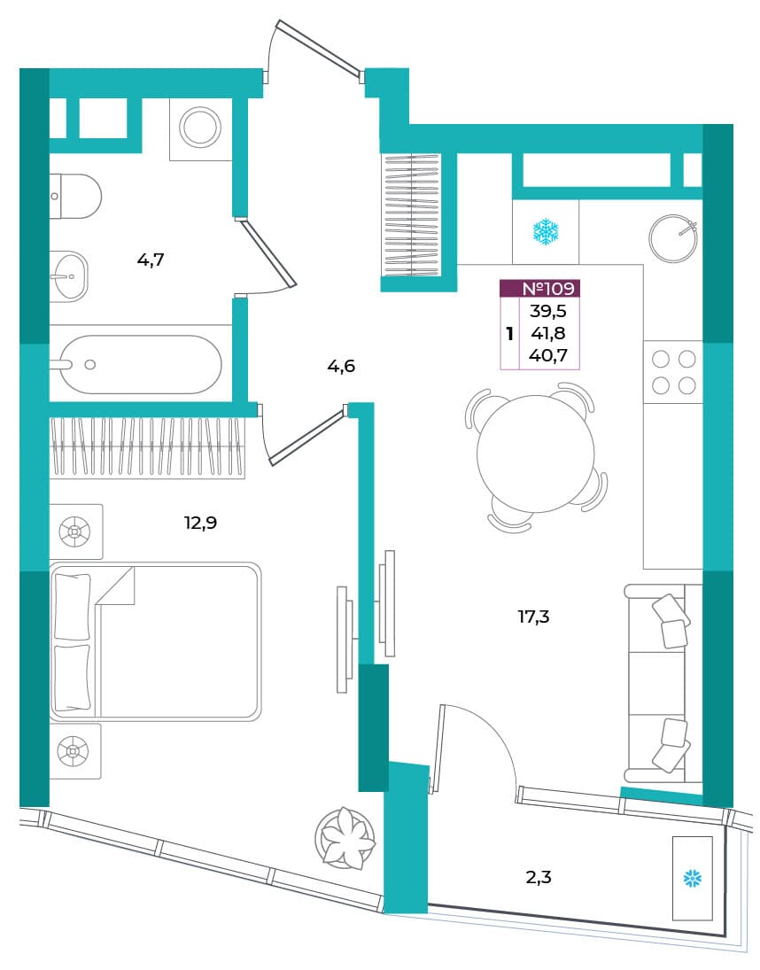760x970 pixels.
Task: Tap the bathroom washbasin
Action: click(x=68, y=276)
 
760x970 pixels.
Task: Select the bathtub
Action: click(x=141, y=364)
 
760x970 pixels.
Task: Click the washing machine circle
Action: click(x=199, y=127)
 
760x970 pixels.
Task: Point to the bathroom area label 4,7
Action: click(x=151, y=260)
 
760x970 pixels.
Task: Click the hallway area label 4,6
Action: click(x=341, y=366)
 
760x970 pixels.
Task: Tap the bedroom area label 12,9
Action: click(x=200, y=523)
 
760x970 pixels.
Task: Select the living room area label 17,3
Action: click(x=533, y=617)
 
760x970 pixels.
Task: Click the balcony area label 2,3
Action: click(x=538, y=877)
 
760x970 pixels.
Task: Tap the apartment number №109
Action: click(x=548, y=288)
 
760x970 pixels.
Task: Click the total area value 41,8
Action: click(x=548, y=333)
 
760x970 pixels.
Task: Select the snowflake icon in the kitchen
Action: click(x=546, y=232)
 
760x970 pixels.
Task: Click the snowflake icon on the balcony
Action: click(x=692, y=878)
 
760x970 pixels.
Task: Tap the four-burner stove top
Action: click(x=673, y=372)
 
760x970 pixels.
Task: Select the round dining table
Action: click(x=536, y=454)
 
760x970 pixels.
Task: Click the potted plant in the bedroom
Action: click(x=345, y=838)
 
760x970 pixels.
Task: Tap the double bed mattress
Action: click(x=155, y=641)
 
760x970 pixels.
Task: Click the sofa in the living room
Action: click(x=663, y=683)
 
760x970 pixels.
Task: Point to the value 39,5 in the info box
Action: click(x=548, y=311)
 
